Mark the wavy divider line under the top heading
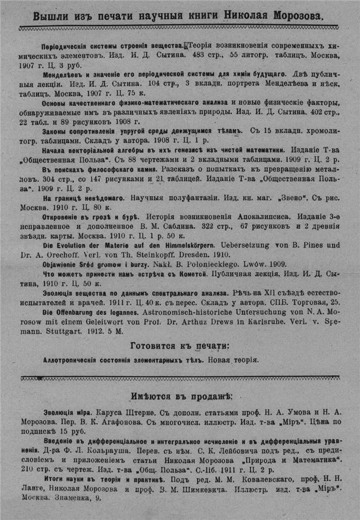point(180,28)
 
